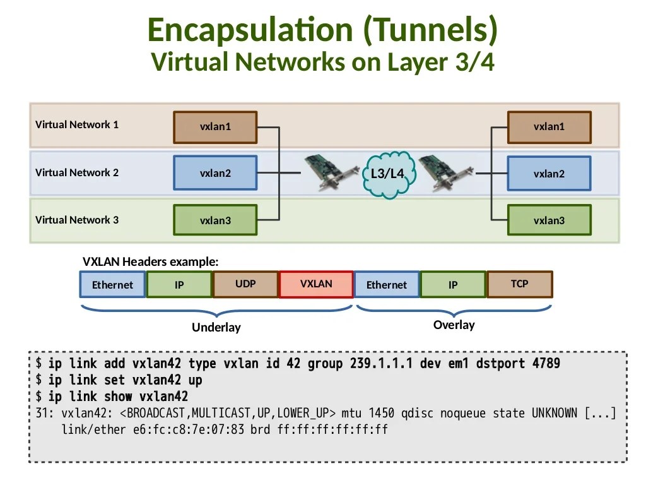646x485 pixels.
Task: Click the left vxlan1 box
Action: click(x=215, y=127)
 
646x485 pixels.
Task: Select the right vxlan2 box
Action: click(x=549, y=174)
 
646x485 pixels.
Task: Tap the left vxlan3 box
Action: click(x=215, y=220)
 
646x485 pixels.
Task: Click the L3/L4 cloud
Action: click(x=387, y=174)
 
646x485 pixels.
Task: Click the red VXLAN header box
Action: click(x=316, y=284)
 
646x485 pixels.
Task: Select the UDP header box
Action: click(x=245, y=284)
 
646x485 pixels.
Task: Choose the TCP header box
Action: click(x=519, y=284)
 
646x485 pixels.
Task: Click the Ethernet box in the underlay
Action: click(x=112, y=285)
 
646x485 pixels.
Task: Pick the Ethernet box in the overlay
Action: click(x=387, y=285)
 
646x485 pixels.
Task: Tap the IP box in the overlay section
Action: click(x=453, y=285)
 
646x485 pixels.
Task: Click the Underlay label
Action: click(x=216, y=328)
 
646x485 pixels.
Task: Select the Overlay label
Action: click(x=454, y=325)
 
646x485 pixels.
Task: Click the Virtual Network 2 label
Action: click(x=77, y=172)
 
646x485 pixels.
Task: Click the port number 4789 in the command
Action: click(x=546, y=364)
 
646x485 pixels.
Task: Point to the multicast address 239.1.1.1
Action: click(x=379, y=364)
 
